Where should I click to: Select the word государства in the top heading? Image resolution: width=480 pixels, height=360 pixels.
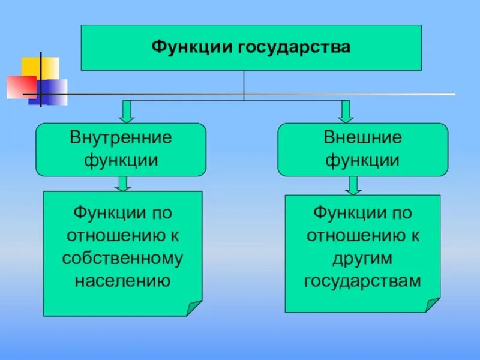pyautogui.click(x=286, y=47)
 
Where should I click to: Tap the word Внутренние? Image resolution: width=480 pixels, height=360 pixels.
pyautogui.click(x=121, y=138)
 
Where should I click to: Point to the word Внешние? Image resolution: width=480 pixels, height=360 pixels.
pyautogui.click(x=362, y=138)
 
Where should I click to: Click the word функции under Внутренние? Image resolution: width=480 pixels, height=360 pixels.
pyautogui.click(x=121, y=160)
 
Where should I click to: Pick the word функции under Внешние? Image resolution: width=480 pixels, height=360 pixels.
pyautogui.click(x=362, y=160)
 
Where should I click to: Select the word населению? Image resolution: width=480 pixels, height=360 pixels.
pyautogui.click(x=122, y=280)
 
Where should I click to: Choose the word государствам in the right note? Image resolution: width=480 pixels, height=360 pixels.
pyautogui.click(x=362, y=280)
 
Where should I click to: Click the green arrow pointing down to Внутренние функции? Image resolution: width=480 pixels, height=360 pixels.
pyautogui.click(x=127, y=112)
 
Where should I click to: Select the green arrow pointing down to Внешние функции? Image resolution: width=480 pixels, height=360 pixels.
pyautogui.click(x=346, y=112)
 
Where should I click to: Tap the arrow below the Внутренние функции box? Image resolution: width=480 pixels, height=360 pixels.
pyautogui.click(x=122, y=184)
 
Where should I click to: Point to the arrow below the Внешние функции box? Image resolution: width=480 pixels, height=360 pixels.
pyautogui.click(x=353, y=185)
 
